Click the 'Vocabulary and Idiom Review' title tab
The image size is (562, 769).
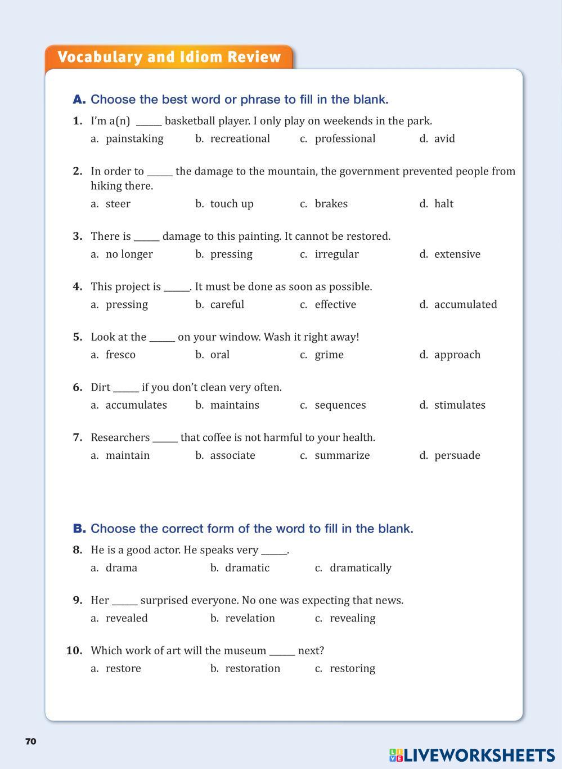pyautogui.click(x=169, y=57)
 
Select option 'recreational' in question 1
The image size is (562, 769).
pyautogui.click(x=240, y=138)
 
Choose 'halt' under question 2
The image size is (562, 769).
pyautogui.click(x=443, y=204)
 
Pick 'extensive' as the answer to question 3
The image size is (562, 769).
pyautogui.click(x=457, y=254)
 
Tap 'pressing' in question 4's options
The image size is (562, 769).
pyautogui.click(x=127, y=305)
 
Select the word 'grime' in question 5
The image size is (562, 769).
pyautogui.click(x=329, y=355)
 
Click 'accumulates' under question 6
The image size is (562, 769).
pyautogui.click(x=136, y=405)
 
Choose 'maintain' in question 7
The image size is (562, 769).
pyautogui.click(x=128, y=455)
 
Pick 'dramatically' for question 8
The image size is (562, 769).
pyautogui.click(x=360, y=567)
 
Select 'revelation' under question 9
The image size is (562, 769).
pyautogui.click(x=250, y=618)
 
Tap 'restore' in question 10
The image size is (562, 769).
pyautogui.click(x=123, y=668)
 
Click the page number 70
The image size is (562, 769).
pyautogui.click(x=31, y=741)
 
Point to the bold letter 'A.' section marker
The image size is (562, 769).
pyautogui.click(x=79, y=100)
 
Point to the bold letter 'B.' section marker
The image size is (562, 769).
pyautogui.click(x=79, y=529)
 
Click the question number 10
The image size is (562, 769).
pyautogui.click(x=74, y=651)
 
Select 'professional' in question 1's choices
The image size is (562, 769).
pyautogui.click(x=345, y=138)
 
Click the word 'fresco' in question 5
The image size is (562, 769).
pyautogui.click(x=120, y=355)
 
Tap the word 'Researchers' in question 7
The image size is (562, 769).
pyautogui.click(x=120, y=437)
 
